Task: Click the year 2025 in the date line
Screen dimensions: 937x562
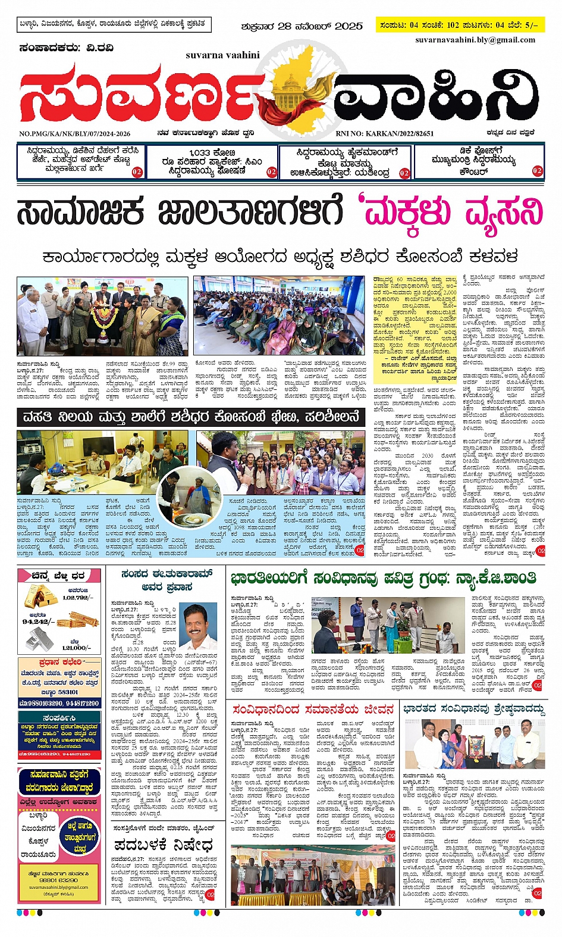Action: tap(348, 26)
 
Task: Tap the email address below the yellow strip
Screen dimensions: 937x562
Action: tap(475, 40)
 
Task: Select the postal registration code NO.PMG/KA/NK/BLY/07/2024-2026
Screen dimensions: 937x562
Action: tap(74, 134)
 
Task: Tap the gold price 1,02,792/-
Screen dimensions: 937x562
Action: tap(78, 597)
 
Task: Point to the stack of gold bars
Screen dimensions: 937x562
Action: tap(40, 596)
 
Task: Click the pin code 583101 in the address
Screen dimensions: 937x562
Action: tap(68, 692)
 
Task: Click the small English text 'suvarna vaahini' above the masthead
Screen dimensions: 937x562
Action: tap(222, 55)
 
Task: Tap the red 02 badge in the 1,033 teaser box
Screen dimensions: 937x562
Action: tap(271, 172)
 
